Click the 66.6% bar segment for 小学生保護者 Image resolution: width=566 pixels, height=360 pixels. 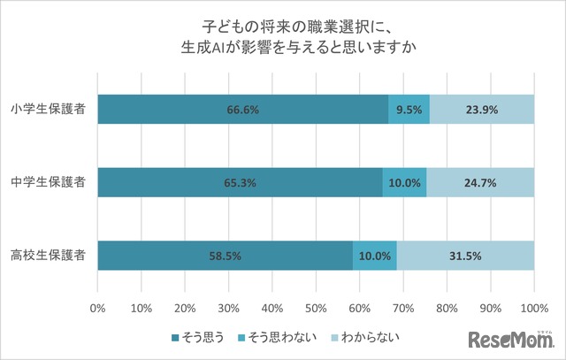pos(243,110)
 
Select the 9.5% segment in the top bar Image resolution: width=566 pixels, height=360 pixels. pos(409,110)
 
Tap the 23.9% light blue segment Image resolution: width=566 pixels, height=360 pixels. pos(481,110)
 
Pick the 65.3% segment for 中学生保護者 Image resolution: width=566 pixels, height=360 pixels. pos(240,182)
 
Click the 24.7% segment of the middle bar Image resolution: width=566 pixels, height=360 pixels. pos(480,182)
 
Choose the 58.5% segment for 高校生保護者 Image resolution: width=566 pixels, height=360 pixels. pos(225,256)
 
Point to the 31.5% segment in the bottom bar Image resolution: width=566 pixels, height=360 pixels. pos(465,256)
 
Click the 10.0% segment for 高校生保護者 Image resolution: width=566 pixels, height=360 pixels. pos(374,256)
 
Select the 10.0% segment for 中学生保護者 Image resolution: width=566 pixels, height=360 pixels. pos(404,182)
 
